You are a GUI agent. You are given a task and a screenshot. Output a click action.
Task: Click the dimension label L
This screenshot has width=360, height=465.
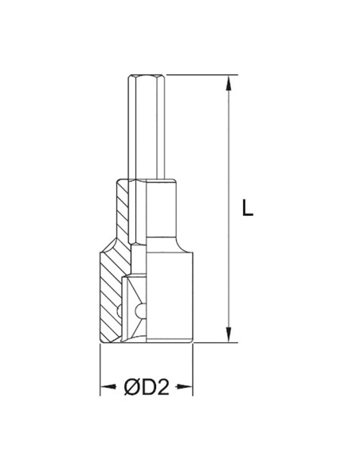coord(248,209)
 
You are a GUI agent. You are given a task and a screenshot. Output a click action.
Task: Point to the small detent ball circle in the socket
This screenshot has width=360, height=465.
coord(141,310)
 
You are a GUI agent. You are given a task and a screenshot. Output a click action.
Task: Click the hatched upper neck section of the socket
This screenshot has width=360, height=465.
coord(121,211)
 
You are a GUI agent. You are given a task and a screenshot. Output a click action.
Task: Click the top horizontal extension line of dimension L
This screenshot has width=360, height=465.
coord(191,76)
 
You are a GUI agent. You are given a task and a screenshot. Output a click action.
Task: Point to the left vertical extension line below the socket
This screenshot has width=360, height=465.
coord(99,366)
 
